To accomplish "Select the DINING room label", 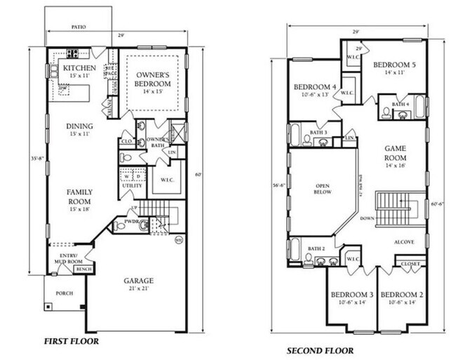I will click(x=79, y=126).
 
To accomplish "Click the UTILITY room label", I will click(x=132, y=185).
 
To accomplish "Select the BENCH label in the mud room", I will click(x=84, y=269).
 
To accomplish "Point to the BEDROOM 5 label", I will click(x=394, y=65).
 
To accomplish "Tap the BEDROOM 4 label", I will click(x=314, y=87).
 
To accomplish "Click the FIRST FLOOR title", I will click(x=71, y=341).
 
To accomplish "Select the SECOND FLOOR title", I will click(x=318, y=350).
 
